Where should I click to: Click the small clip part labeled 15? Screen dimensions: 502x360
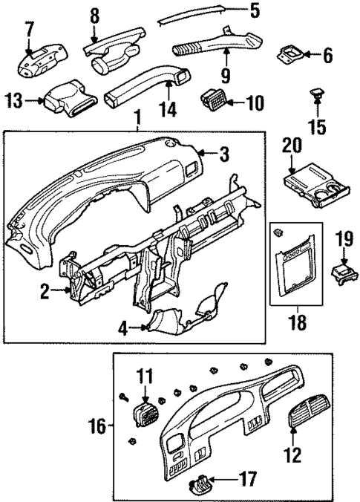(x=317, y=94)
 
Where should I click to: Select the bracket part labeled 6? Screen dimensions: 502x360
(x=290, y=54)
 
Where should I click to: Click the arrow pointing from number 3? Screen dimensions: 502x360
(x=208, y=154)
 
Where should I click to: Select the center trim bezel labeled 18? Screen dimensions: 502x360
(x=295, y=265)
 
